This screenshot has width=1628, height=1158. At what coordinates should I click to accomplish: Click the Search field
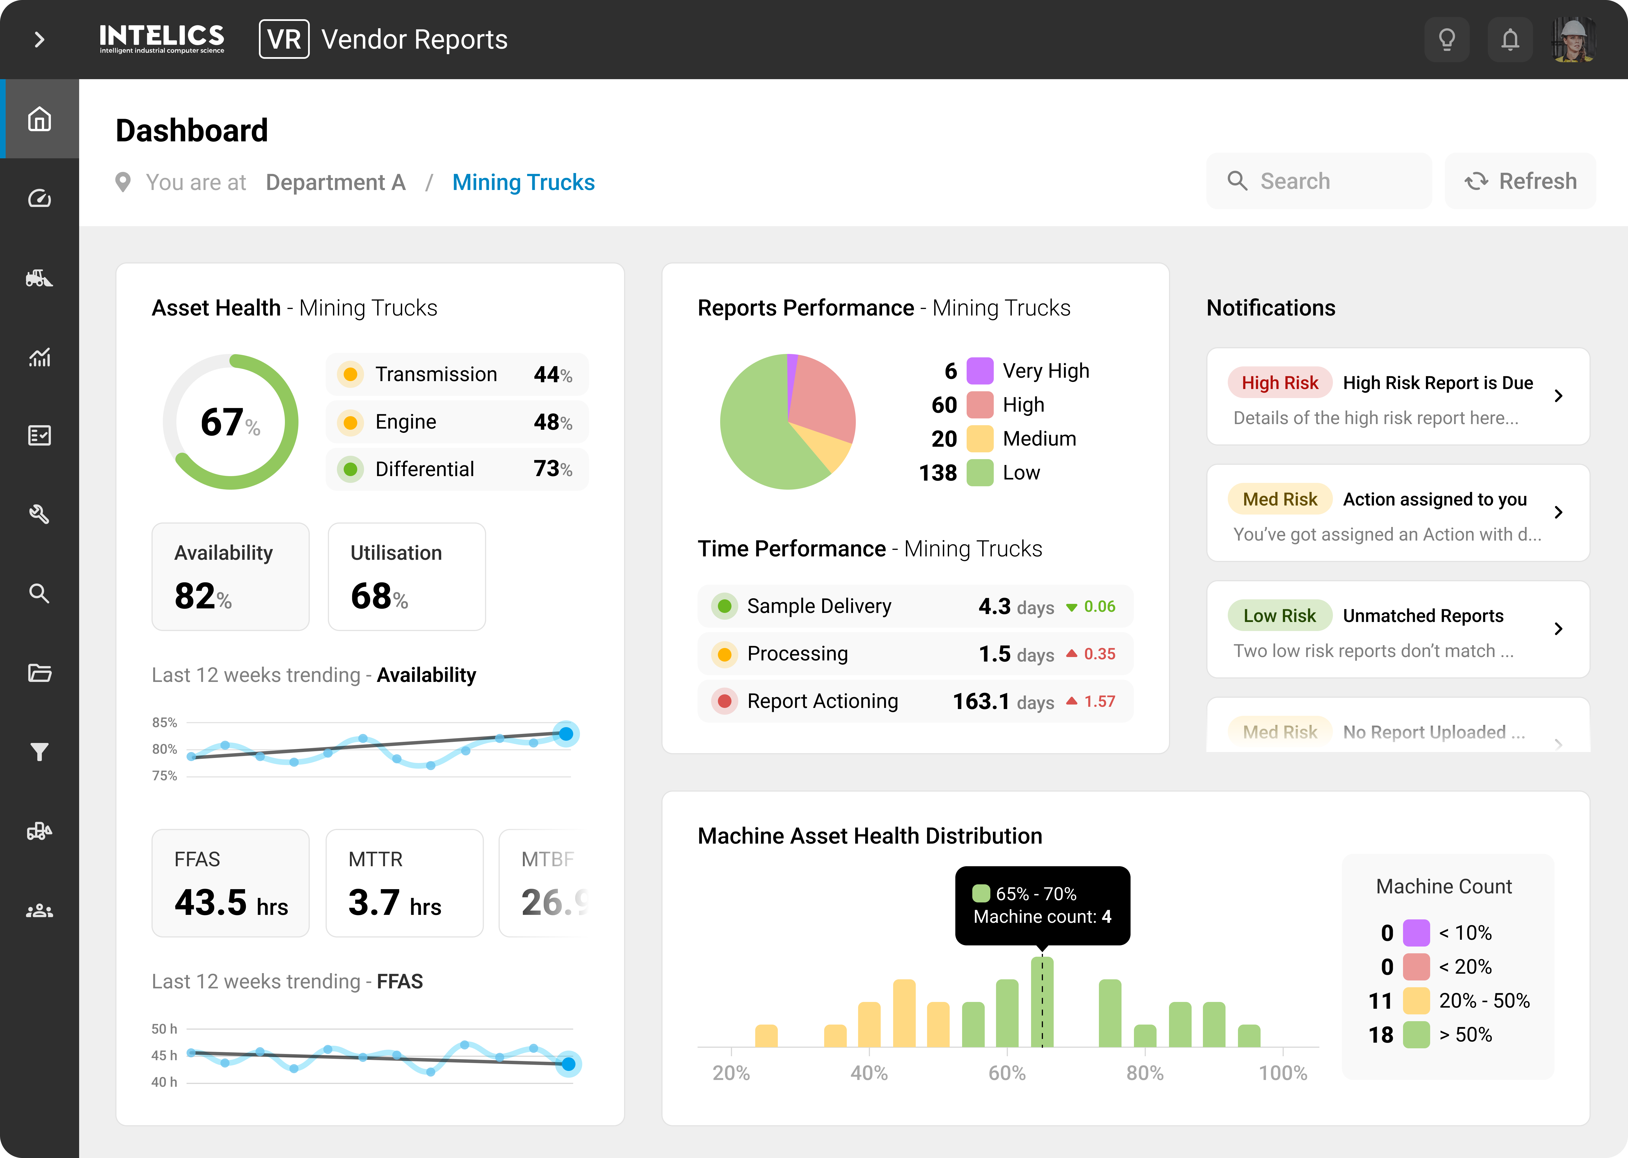[x=1319, y=181]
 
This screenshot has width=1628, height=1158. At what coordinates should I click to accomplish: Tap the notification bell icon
[x=1510, y=39]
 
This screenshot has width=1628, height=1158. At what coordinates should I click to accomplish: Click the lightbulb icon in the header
[x=1446, y=39]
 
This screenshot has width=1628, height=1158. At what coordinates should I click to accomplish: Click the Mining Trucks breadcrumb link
[x=523, y=183]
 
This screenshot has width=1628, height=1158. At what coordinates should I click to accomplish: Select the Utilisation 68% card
[x=406, y=576]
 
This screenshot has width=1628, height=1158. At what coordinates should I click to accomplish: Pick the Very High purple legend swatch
[x=979, y=371]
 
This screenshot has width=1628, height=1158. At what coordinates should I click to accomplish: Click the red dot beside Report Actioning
[x=724, y=701]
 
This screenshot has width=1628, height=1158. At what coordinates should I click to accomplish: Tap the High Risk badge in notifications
[x=1280, y=383]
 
